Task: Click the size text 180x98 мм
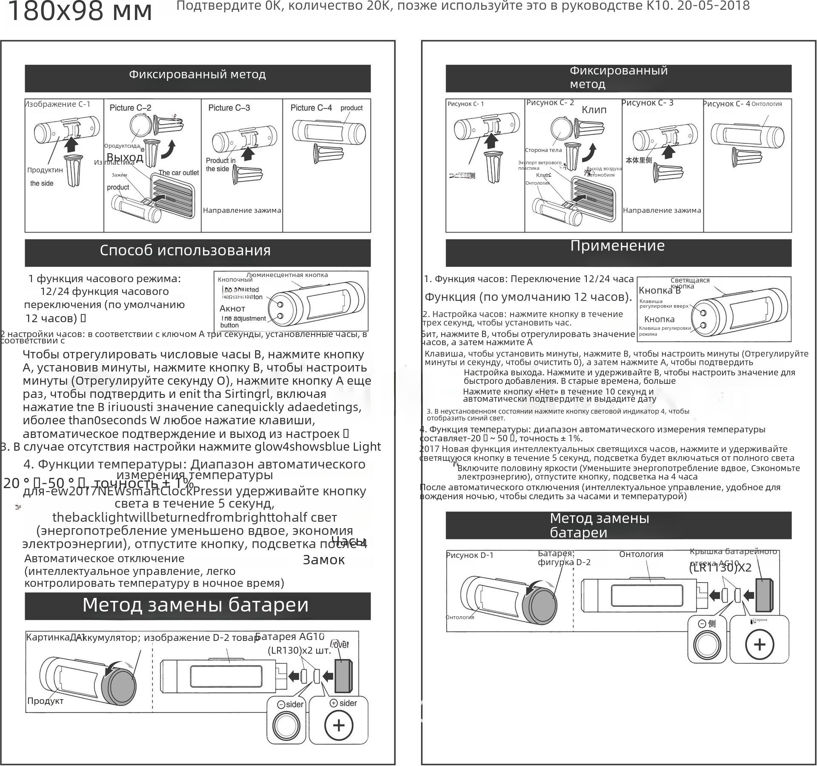click(x=80, y=11)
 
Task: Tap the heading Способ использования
click(x=185, y=250)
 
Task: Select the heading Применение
click(x=617, y=246)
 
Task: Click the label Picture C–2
click(x=130, y=108)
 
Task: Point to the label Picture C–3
click(x=229, y=108)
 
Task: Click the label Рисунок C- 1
click(x=466, y=104)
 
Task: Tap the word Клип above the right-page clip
click(x=594, y=110)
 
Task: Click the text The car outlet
click(x=178, y=173)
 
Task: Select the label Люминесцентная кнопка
click(x=287, y=275)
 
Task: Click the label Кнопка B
click(x=660, y=291)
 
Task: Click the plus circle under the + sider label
click(x=339, y=725)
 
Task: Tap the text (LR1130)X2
click(x=720, y=568)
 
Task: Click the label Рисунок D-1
click(x=470, y=555)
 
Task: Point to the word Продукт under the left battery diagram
click(x=45, y=701)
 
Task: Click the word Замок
click(x=323, y=560)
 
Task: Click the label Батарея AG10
click(x=289, y=637)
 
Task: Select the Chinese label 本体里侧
click(x=638, y=160)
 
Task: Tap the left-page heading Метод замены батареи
click(x=195, y=605)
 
